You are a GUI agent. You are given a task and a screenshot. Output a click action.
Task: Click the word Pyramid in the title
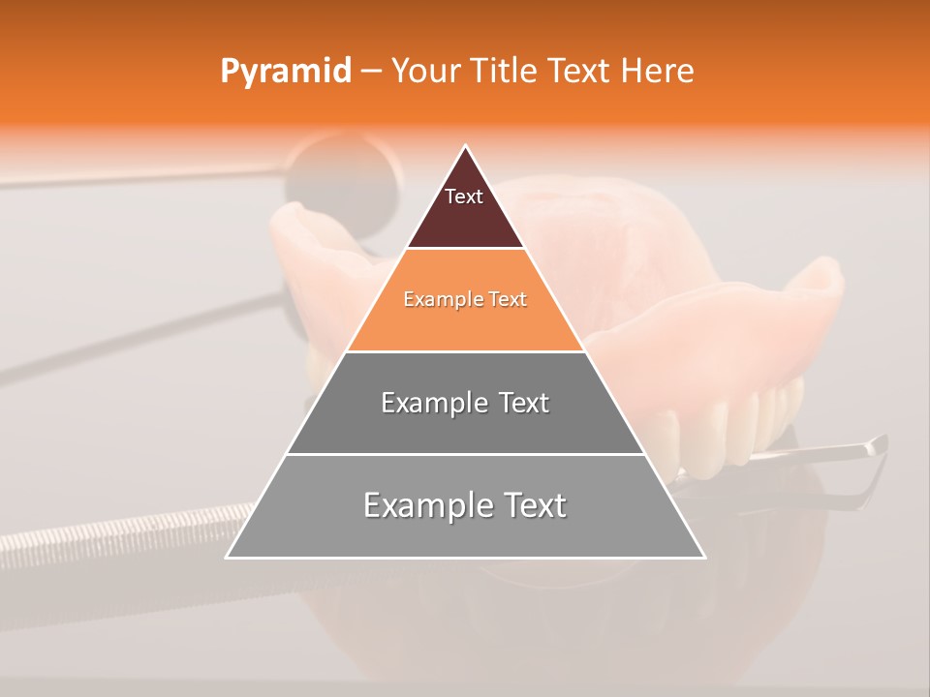(285, 72)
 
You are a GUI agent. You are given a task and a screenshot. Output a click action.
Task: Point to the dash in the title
(371, 72)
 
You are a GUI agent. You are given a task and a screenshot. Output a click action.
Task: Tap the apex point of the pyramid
(465, 146)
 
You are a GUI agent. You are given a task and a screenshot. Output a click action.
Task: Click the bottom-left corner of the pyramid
(227, 557)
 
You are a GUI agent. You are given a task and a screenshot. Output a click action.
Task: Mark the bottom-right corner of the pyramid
(704, 557)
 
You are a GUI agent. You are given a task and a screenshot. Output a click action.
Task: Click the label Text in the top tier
(464, 197)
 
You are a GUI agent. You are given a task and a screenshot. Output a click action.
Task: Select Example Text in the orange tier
(465, 299)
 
